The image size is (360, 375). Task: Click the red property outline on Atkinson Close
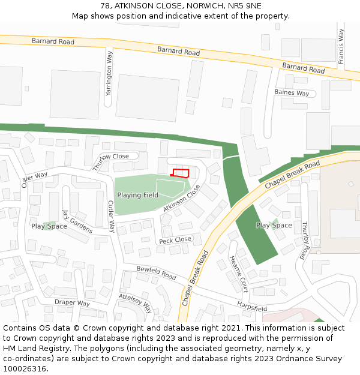click(x=181, y=173)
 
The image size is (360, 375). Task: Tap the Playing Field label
click(x=137, y=195)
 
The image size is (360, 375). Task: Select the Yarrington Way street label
click(x=109, y=73)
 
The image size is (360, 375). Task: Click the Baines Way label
click(x=292, y=93)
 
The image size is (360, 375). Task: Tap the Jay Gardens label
click(x=77, y=221)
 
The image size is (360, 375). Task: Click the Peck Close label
click(x=175, y=240)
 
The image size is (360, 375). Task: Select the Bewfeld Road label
click(x=156, y=273)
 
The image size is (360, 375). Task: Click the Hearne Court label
click(x=238, y=274)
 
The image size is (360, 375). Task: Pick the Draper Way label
click(x=72, y=302)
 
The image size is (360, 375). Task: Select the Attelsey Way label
click(x=135, y=304)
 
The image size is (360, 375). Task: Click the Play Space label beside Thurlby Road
click(x=274, y=226)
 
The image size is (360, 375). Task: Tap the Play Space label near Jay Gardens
click(x=49, y=226)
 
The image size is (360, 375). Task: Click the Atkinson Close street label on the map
click(x=181, y=199)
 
